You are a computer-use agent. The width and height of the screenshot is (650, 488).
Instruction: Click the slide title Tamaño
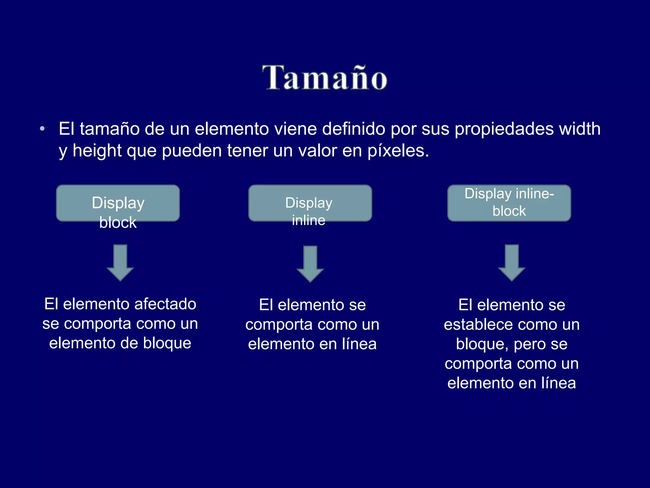[324, 78]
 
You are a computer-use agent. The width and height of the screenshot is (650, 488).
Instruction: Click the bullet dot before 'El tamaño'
[42, 129]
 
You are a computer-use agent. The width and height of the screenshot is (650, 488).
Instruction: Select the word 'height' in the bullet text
[97, 150]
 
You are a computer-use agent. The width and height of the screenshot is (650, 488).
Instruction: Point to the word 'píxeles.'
[398, 151]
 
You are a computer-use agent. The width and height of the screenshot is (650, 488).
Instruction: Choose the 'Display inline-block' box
[509, 203]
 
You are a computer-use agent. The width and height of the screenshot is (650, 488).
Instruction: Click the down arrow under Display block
[120, 262]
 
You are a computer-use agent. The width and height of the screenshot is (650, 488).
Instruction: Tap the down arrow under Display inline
[310, 263]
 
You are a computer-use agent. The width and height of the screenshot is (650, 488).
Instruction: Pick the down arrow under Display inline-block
[512, 262]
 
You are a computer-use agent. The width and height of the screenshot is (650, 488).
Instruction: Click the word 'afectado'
[165, 304]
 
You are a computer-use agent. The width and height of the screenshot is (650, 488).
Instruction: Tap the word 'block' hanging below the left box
[118, 222]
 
